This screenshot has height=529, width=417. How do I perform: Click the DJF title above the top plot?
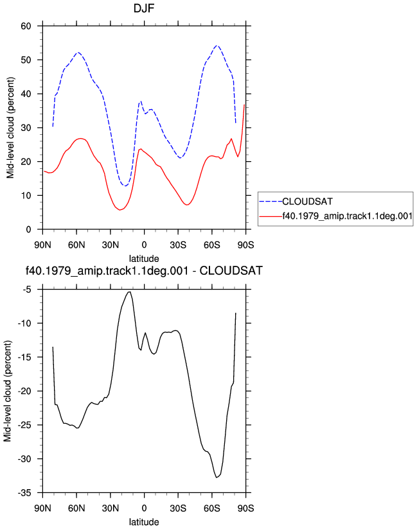[144, 8]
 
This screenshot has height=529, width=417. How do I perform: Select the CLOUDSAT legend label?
[307, 202]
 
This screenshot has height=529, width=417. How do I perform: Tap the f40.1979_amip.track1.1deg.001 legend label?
[347, 216]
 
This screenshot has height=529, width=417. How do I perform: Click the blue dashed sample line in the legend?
[271, 202]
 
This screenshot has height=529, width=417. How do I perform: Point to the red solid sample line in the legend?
[271, 216]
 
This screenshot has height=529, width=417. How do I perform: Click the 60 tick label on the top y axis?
[26, 26]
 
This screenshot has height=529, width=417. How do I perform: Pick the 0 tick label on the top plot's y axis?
[29, 229]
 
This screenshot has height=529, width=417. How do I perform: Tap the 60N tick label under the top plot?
[76, 245]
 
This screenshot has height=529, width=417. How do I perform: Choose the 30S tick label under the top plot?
[178, 245]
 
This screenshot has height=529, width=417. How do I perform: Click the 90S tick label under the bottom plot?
[245, 508]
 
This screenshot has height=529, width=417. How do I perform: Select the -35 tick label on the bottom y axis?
[24, 493]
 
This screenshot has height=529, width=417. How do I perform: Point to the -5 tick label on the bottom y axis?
[27, 290]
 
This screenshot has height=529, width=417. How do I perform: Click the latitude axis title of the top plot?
[144, 259]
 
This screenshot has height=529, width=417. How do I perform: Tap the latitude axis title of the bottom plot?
[144, 522]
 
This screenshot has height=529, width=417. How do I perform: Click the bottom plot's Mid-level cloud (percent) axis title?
[8, 391]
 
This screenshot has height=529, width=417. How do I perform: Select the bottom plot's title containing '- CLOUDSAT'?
[144, 271]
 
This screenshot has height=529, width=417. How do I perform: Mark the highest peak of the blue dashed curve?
[217, 45]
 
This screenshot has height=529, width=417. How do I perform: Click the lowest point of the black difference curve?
[217, 478]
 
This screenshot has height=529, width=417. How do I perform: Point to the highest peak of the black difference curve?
[129, 292]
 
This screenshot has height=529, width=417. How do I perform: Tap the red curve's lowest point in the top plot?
[120, 210]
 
